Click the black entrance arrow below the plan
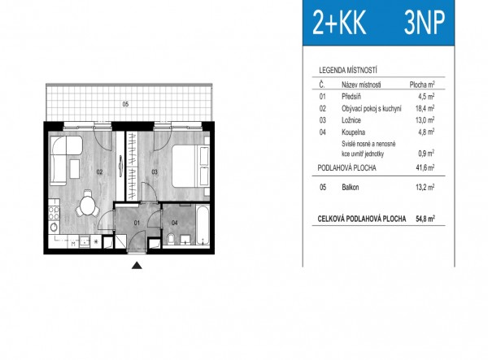137,266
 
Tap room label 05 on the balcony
125,104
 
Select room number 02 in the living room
99,171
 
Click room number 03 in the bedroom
155,171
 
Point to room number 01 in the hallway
137,223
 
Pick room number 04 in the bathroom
175,223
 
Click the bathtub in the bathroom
203,225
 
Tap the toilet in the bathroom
171,239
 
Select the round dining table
88,204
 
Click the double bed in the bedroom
190,166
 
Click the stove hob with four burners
54,210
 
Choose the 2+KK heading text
339,23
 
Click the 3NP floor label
425,23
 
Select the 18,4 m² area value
425,108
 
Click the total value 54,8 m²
425,219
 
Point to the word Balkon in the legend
350,187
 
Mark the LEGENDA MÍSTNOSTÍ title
348,70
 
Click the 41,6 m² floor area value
425,168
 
